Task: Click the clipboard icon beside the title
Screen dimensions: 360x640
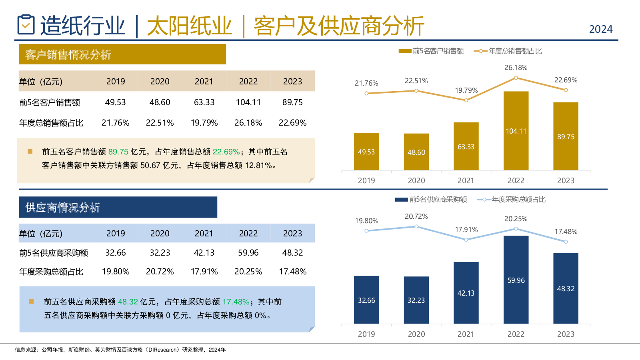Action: click(x=26, y=25)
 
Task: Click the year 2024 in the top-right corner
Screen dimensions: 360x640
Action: click(x=600, y=29)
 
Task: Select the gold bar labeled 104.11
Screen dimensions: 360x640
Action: click(x=516, y=131)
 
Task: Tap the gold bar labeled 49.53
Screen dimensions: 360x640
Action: click(x=366, y=152)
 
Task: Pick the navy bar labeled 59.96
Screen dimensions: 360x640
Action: click(x=516, y=280)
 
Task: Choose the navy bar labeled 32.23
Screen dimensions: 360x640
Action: click(x=416, y=300)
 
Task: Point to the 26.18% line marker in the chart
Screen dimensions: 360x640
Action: click(x=516, y=78)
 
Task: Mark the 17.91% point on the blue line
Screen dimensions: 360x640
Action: click(x=466, y=240)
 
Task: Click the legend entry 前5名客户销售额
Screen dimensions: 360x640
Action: click(x=431, y=51)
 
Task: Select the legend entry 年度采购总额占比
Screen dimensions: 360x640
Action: click(x=512, y=200)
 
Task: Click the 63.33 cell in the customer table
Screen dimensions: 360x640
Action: click(x=204, y=102)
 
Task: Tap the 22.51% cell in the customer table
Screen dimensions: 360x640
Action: click(x=160, y=123)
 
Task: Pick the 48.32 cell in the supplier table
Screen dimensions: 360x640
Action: click(x=292, y=253)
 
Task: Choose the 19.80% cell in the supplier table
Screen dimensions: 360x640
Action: click(x=116, y=272)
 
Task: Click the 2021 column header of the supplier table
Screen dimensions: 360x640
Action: click(x=204, y=234)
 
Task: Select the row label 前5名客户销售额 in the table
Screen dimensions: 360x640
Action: click(x=50, y=103)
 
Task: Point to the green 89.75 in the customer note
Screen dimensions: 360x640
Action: click(x=118, y=152)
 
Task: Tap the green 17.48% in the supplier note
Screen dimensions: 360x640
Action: click(x=236, y=302)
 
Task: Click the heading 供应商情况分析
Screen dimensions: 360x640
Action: click(x=63, y=208)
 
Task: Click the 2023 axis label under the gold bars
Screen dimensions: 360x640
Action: click(x=566, y=180)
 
